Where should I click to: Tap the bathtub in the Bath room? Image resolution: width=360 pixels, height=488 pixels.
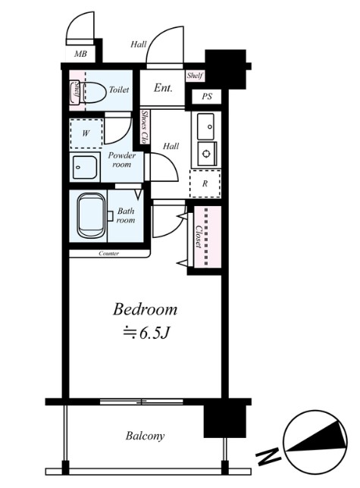(x=91, y=215)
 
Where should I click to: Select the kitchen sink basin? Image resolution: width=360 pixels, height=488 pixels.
(x=205, y=127)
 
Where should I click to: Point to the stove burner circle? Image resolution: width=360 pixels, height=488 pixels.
(x=205, y=153)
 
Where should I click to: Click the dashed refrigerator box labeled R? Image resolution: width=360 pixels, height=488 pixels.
(x=205, y=183)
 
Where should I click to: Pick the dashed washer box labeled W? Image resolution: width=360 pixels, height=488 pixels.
(x=86, y=133)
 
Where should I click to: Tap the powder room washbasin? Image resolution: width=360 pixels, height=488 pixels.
(x=85, y=167)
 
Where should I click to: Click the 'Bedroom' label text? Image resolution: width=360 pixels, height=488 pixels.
(x=145, y=310)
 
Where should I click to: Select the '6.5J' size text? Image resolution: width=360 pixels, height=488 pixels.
(x=154, y=333)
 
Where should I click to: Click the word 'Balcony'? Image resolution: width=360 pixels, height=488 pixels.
(x=145, y=436)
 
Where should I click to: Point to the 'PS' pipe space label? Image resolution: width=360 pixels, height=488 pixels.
(x=207, y=96)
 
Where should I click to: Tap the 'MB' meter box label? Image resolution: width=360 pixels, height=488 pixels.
(x=80, y=54)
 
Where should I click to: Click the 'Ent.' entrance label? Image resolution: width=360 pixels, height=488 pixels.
(x=163, y=88)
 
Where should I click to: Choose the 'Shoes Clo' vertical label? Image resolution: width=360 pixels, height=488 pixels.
(x=144, y=127)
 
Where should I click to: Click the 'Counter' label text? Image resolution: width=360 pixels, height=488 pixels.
(x=108, y=254)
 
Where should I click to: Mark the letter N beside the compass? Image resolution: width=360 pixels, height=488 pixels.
(x=268, y=455)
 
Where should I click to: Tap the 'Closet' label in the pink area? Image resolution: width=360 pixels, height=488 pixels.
(x=199, y=236)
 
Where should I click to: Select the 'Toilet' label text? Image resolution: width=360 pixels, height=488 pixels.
(x=119, y=90)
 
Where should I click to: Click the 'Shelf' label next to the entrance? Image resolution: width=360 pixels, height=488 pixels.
(x=195, y=76)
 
